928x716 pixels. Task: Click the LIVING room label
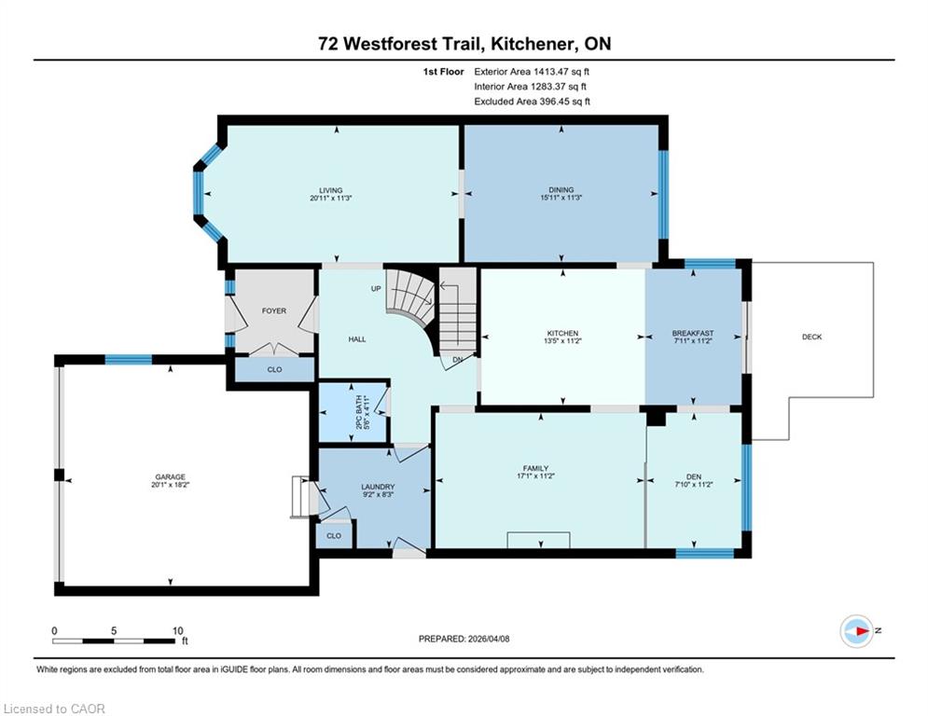coord(331,190)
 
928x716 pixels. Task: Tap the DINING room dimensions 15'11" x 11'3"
coord(561,199)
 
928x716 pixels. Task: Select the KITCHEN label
coord(562,333)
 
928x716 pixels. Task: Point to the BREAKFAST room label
coord(692,333)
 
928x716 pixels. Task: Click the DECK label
coord(812,337)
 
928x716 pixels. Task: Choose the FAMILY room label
coord(535,468)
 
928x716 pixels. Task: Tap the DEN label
coord(694,476)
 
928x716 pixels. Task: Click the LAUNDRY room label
coord(378,487)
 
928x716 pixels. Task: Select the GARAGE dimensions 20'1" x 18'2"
coord(171,485)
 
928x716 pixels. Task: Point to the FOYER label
coord(274,310)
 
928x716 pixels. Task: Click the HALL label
coord(357,339)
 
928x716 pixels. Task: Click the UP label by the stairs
coord(376,289)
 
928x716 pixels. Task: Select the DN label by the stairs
coord(458,360)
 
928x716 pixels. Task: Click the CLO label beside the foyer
coord(274,369)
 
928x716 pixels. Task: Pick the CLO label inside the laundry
coord(334,535)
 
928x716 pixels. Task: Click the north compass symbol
coord(857,631)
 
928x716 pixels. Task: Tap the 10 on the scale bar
coord(177,631)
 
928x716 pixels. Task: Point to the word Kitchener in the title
coord(533,44)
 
